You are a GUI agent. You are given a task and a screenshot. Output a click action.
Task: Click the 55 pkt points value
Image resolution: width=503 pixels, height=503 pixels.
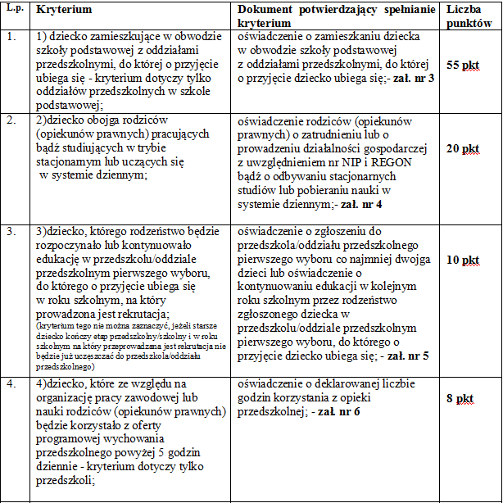click(464, 65)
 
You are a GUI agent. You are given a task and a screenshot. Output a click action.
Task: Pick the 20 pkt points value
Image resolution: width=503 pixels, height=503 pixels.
click(464, 148)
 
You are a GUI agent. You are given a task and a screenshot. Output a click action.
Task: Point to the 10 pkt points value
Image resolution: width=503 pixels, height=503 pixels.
click(464, 261)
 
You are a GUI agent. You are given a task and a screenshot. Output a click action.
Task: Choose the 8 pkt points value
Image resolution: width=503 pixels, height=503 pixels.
click(460, 398)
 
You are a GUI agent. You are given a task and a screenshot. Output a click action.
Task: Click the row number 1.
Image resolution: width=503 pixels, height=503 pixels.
click(9, 37)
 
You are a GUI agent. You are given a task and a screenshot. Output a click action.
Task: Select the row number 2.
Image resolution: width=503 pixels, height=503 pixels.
click(9, 120)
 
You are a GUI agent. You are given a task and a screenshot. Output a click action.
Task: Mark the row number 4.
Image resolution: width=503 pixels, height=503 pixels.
click(9, 383)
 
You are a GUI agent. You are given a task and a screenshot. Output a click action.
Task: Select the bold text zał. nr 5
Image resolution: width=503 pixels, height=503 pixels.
click(407, 356)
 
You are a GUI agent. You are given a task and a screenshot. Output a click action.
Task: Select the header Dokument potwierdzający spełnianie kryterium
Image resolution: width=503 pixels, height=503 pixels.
click(337, 16)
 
